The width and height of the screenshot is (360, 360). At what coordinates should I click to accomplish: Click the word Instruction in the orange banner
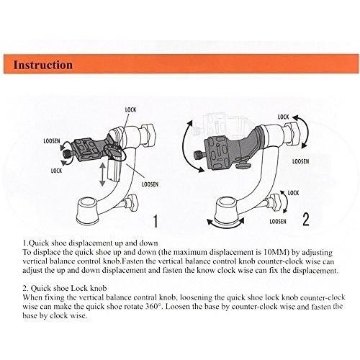pyautogui.click(x=42, y=65)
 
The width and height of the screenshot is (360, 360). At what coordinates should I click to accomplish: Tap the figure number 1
pyautogui.click(x=156, y=221)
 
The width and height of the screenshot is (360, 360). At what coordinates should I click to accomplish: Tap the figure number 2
pyautogui.click(x=305, y=220)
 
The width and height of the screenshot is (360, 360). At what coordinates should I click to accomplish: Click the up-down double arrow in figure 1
pyautogui.click(x=102, y=174)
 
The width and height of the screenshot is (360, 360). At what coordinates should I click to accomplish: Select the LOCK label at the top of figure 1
pyautogui.click(x=130, y=110)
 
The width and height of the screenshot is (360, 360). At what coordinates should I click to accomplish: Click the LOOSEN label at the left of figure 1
pyautogui.click(x=52, y=141)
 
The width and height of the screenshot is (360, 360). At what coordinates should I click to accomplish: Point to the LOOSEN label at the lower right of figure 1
pyautogui.click(x=150, y=184)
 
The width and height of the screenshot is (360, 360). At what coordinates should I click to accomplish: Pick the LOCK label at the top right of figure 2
pyautogui.click(x=283, y=117)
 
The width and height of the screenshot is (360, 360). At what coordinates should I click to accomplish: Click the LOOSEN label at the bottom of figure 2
pyautogui.click(x=278, y=221)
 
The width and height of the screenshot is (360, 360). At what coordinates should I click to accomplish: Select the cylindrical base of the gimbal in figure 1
pyautogui.click(x=86, y=211)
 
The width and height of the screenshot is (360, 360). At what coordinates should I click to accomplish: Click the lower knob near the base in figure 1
pyautogui.click(x=131, y=203)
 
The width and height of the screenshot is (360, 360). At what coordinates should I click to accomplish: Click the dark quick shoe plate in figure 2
pyautogui.click(x=219, y=153)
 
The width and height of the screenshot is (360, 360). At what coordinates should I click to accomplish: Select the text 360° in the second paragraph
pyautogui.click(x=153, y=307)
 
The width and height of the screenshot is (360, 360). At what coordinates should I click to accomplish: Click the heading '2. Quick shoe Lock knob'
pyautogui.click(x=65, y=288)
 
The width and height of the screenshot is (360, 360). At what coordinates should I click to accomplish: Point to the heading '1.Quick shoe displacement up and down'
pyautogui.click(x=91, y=243)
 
